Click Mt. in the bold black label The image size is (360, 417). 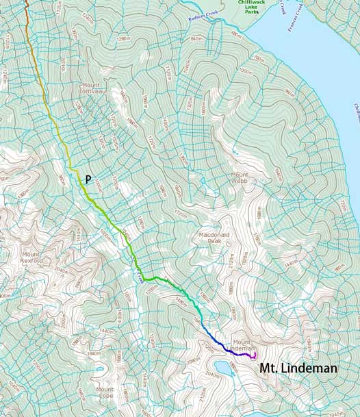(268, 368)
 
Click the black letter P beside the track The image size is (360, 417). (88, 179)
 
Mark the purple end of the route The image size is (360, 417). (254, 356)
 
